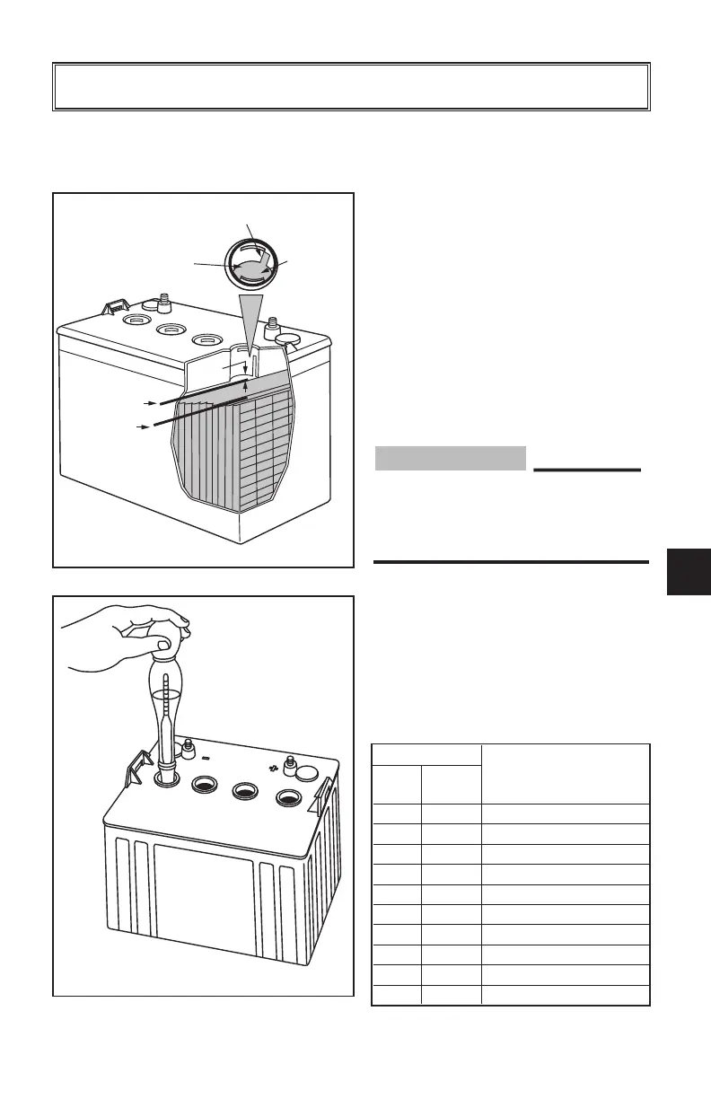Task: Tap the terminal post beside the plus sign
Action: [x=289, y=764]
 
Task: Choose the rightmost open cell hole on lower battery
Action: [x=289, y=796]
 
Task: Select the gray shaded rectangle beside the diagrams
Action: [x=449, y=459]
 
